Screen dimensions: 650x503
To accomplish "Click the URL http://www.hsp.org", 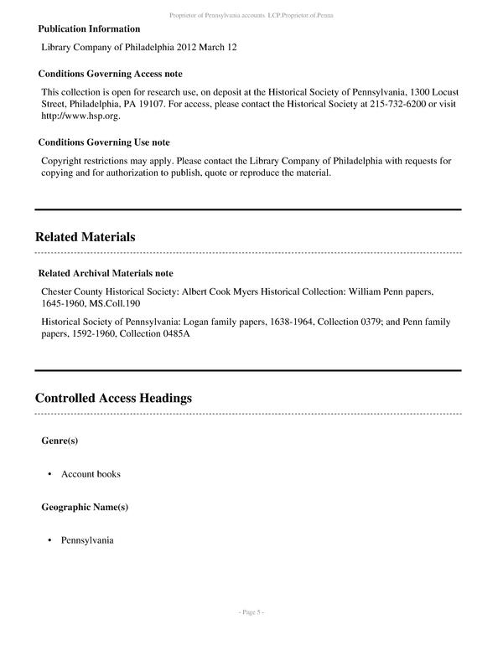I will coord(81,116).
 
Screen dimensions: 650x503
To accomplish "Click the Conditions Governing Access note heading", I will coord(110,74).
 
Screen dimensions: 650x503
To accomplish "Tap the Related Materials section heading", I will coord(85,237).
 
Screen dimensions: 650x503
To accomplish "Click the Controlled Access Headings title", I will coord(113,398).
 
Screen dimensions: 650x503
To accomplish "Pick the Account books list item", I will coord(91,474).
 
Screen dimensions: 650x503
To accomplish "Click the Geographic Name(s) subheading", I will coord(85,507).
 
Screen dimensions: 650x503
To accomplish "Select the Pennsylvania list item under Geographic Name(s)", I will coord(87,540).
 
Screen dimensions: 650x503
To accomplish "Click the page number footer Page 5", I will coord(251,612).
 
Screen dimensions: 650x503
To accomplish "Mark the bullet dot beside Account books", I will coord(50,474).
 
